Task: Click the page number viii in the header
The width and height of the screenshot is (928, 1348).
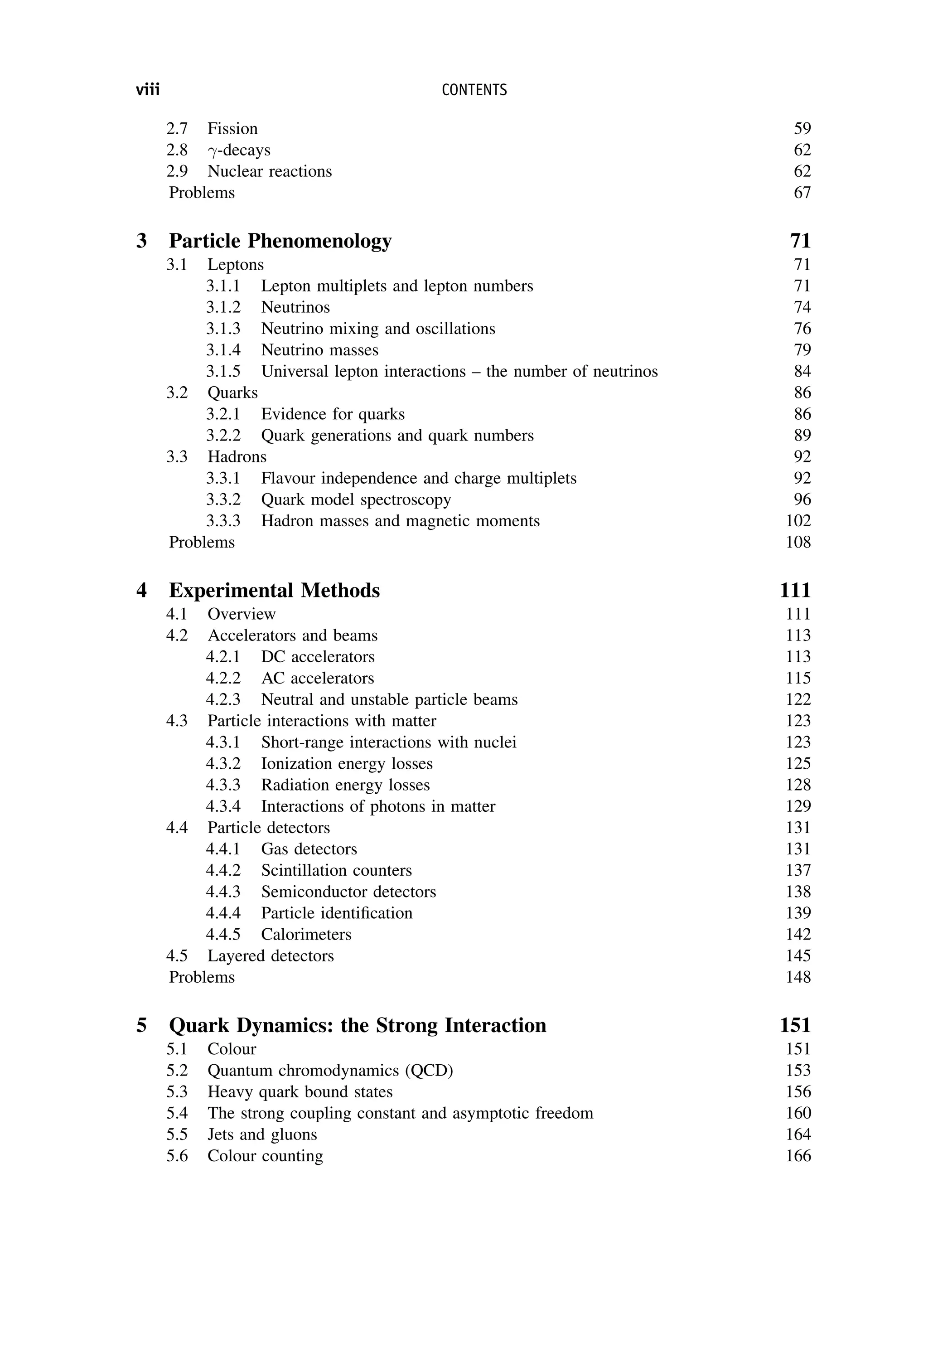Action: click(148, 90)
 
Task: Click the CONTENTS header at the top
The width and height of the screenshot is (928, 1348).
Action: click(474, 90)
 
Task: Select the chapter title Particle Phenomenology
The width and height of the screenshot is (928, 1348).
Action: click(280, 241)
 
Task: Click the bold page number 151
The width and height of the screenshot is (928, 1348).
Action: click(795, 1025)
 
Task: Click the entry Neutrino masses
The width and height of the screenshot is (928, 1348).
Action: click(320, 350)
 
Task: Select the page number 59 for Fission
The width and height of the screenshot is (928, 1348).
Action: click(802, 129)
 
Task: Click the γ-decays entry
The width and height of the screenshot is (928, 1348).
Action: click(239, 150)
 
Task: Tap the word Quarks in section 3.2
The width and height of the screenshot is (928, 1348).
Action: click(232, 393)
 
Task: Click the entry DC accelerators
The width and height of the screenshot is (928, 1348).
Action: click(318, 657)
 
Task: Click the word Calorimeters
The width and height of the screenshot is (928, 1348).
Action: click(306, 934)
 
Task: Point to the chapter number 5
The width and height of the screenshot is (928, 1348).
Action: click(141, 1025)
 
